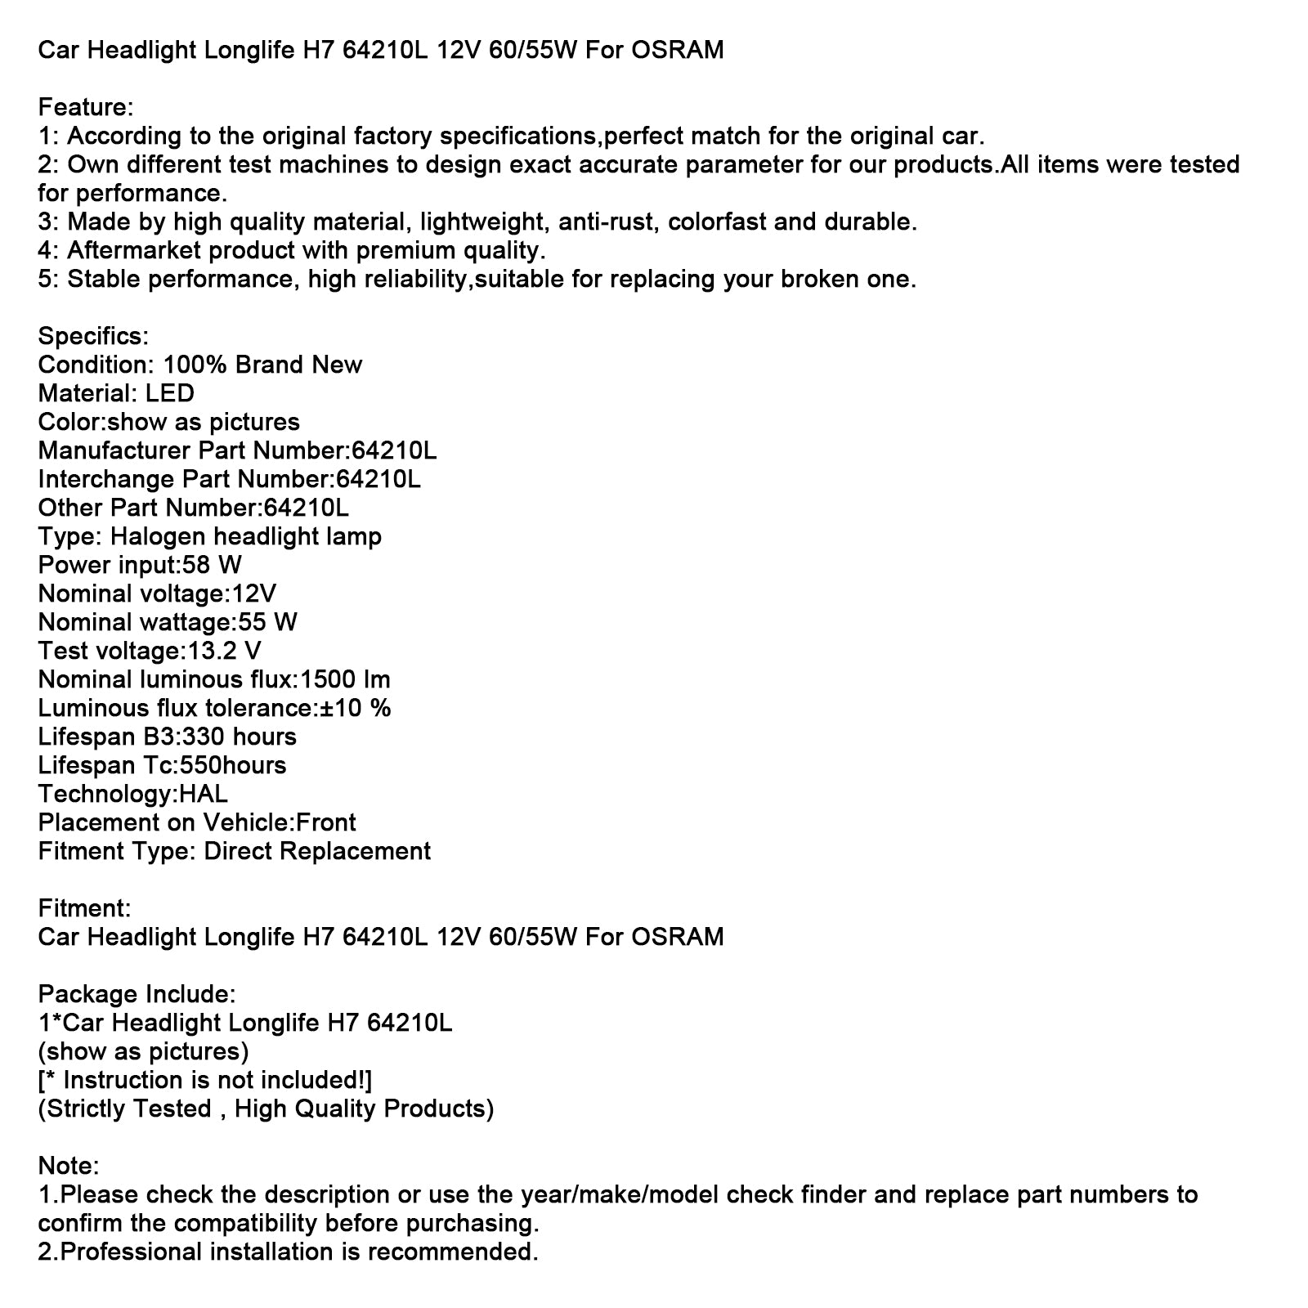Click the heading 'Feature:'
[x=86, y=107]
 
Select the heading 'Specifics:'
[x=94, y=336]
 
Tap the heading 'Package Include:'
[x=137, y=994]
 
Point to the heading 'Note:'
[x=69, y=1166]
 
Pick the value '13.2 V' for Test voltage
[x=222, y=651]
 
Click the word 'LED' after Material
[x=170, y=393]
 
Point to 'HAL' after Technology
[x=203, y=794]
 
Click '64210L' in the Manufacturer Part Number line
[x=394, y=450]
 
